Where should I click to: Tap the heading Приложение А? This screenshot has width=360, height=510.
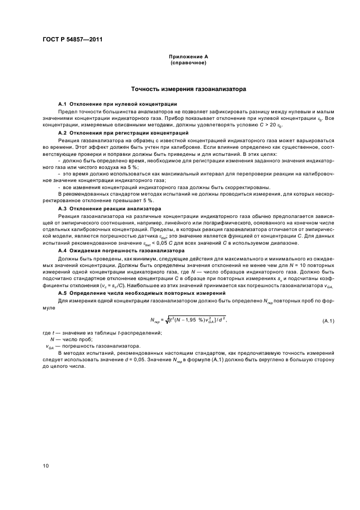(x=188, y=57)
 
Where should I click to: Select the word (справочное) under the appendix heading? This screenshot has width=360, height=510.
(x=188, y=63)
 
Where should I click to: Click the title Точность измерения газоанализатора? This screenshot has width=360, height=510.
(x=188, y=88)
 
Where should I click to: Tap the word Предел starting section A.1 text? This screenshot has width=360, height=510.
(x=66, y=111)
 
